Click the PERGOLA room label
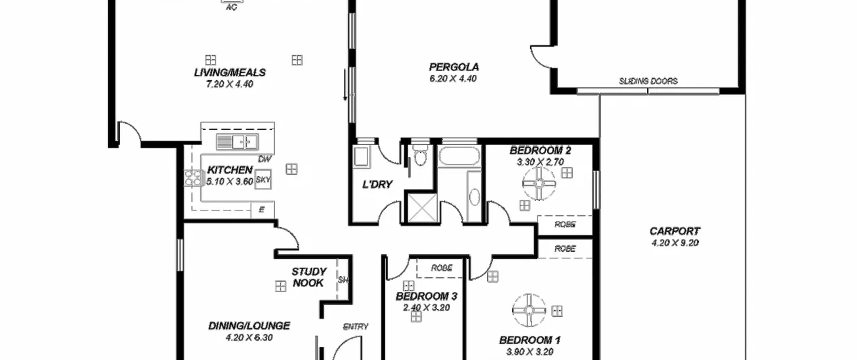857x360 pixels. pos(454,67)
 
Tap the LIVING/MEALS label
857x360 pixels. pos(230,72)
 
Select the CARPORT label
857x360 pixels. pos(675,231)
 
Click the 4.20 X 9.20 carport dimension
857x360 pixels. pos(675,243)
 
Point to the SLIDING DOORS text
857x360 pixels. pos(648,81)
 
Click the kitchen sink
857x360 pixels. pos(237,142)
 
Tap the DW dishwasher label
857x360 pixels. pos(265,159)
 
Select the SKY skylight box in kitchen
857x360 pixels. pos(263,179)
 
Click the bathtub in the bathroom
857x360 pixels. pos(459,156)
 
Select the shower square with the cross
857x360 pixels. pos(422,208)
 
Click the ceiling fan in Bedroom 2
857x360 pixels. pos(539,184)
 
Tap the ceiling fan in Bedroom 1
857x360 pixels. pos(529,310)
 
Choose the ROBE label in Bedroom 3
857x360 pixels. pos(442,268)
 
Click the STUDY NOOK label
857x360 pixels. pos(308,277)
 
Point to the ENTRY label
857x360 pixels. pos(356,326)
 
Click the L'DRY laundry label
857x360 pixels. pos(377,184)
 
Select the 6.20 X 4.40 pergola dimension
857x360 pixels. pos(453,79)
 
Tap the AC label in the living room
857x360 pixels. pos(231,7)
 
